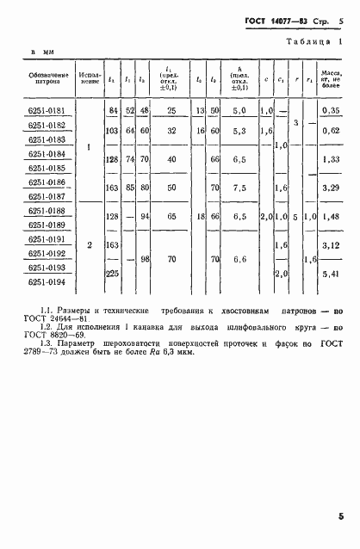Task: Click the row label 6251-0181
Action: click(x=52, y=111)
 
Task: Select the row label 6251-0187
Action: click(x=52, y=197)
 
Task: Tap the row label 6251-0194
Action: click(x=52, y=281)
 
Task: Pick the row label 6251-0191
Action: click(x=52, y=239)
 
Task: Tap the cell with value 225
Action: click(x=112, y=274)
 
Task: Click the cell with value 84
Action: click(x=112, y=111)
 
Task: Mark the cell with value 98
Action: click(x=144, y=259)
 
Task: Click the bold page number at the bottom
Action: click(x=341, y=516)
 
